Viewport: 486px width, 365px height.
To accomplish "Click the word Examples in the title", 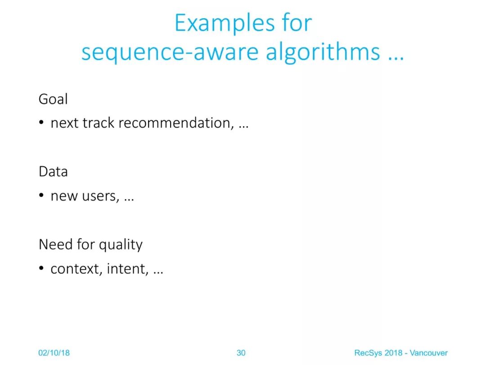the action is point(225,23).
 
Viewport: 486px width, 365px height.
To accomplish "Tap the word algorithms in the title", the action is point(323,52).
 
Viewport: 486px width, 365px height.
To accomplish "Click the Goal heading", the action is point(53,99).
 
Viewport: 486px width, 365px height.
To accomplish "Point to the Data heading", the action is point(53,172).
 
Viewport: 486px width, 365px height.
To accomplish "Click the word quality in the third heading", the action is point(121,245).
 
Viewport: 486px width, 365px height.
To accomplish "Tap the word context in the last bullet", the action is point(76,269).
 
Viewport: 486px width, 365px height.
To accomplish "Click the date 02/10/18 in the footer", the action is point(54,353).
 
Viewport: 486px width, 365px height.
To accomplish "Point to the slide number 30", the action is point(241,353).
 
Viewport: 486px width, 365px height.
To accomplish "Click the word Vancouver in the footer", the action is point(429,353).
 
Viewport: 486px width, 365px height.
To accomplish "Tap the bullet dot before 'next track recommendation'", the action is point(41,123).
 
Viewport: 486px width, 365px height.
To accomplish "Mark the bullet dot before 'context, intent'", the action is point(41,268).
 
